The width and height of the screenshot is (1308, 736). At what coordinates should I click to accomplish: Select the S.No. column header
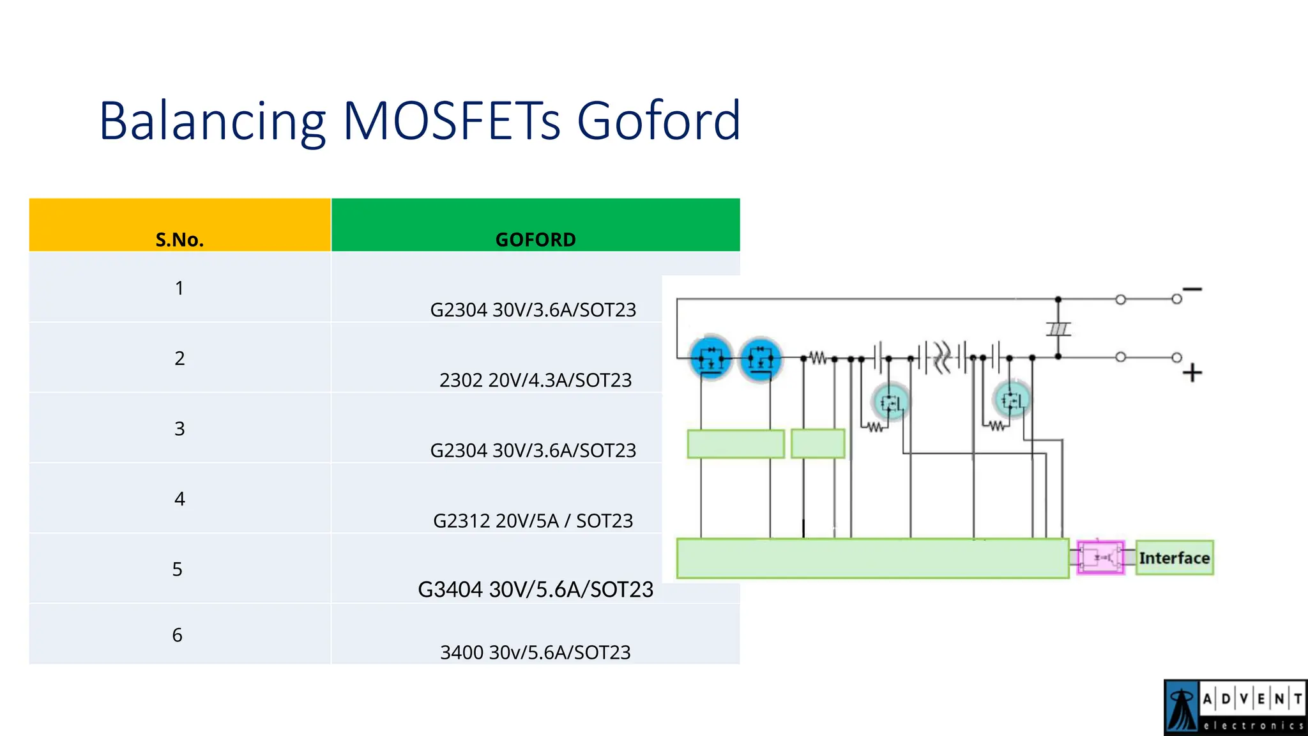(179, 239)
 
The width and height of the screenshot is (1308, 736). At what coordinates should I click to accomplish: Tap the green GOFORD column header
(535, 239)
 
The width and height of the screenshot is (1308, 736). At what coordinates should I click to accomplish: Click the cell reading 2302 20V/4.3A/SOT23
(535, 380)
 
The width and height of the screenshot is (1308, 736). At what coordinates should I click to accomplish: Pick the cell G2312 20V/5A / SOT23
(533, 521)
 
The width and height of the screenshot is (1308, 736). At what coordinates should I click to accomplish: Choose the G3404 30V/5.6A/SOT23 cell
(535, 589)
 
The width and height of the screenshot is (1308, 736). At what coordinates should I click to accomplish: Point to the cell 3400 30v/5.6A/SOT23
(535, 652)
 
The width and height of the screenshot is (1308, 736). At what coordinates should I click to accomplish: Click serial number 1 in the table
(179, 288)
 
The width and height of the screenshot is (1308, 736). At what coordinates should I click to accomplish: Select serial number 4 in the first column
(179, 499)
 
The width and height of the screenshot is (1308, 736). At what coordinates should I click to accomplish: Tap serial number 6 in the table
(178, 635)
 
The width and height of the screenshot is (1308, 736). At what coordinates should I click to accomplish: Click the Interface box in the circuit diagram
(1174, 558)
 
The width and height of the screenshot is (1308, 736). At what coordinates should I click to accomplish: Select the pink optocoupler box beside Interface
(1100, 558)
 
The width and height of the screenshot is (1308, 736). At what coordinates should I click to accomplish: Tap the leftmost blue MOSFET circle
(711, 358)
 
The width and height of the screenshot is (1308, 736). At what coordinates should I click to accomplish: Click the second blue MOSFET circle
(760, 358)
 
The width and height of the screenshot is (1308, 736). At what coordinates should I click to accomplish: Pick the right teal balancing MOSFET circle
(1012, 401)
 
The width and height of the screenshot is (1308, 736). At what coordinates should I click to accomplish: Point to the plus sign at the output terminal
(1192, 372)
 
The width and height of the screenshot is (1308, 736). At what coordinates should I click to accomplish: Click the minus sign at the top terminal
(1192, 289)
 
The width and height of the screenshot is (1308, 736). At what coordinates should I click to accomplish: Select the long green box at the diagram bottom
(872, 558)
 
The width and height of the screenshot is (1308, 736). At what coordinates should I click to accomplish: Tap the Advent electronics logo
(1235, 707)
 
